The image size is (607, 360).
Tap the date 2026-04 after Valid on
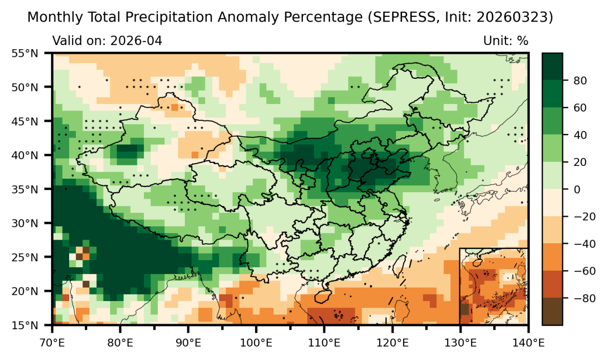click(137, 40)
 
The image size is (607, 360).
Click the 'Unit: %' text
click(505, 40)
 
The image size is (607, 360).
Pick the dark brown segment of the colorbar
click(552, 311)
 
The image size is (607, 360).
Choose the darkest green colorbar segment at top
click(552, 66)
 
